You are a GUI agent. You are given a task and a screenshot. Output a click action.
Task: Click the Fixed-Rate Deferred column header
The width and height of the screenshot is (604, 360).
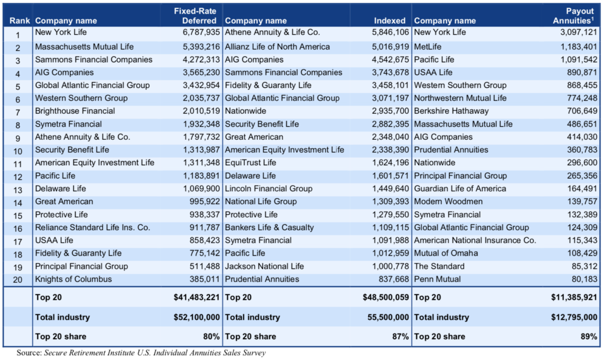[x=197, y=16]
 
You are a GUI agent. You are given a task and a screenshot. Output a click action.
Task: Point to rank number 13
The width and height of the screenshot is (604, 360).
[x=17, y=189]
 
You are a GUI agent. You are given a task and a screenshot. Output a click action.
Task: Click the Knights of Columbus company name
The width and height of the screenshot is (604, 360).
[x=73, y=279]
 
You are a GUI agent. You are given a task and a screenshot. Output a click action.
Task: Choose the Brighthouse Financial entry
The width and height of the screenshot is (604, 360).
[x=75, y=111]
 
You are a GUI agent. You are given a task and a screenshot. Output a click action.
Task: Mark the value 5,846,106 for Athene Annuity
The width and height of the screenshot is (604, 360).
[x=389, y=34]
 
